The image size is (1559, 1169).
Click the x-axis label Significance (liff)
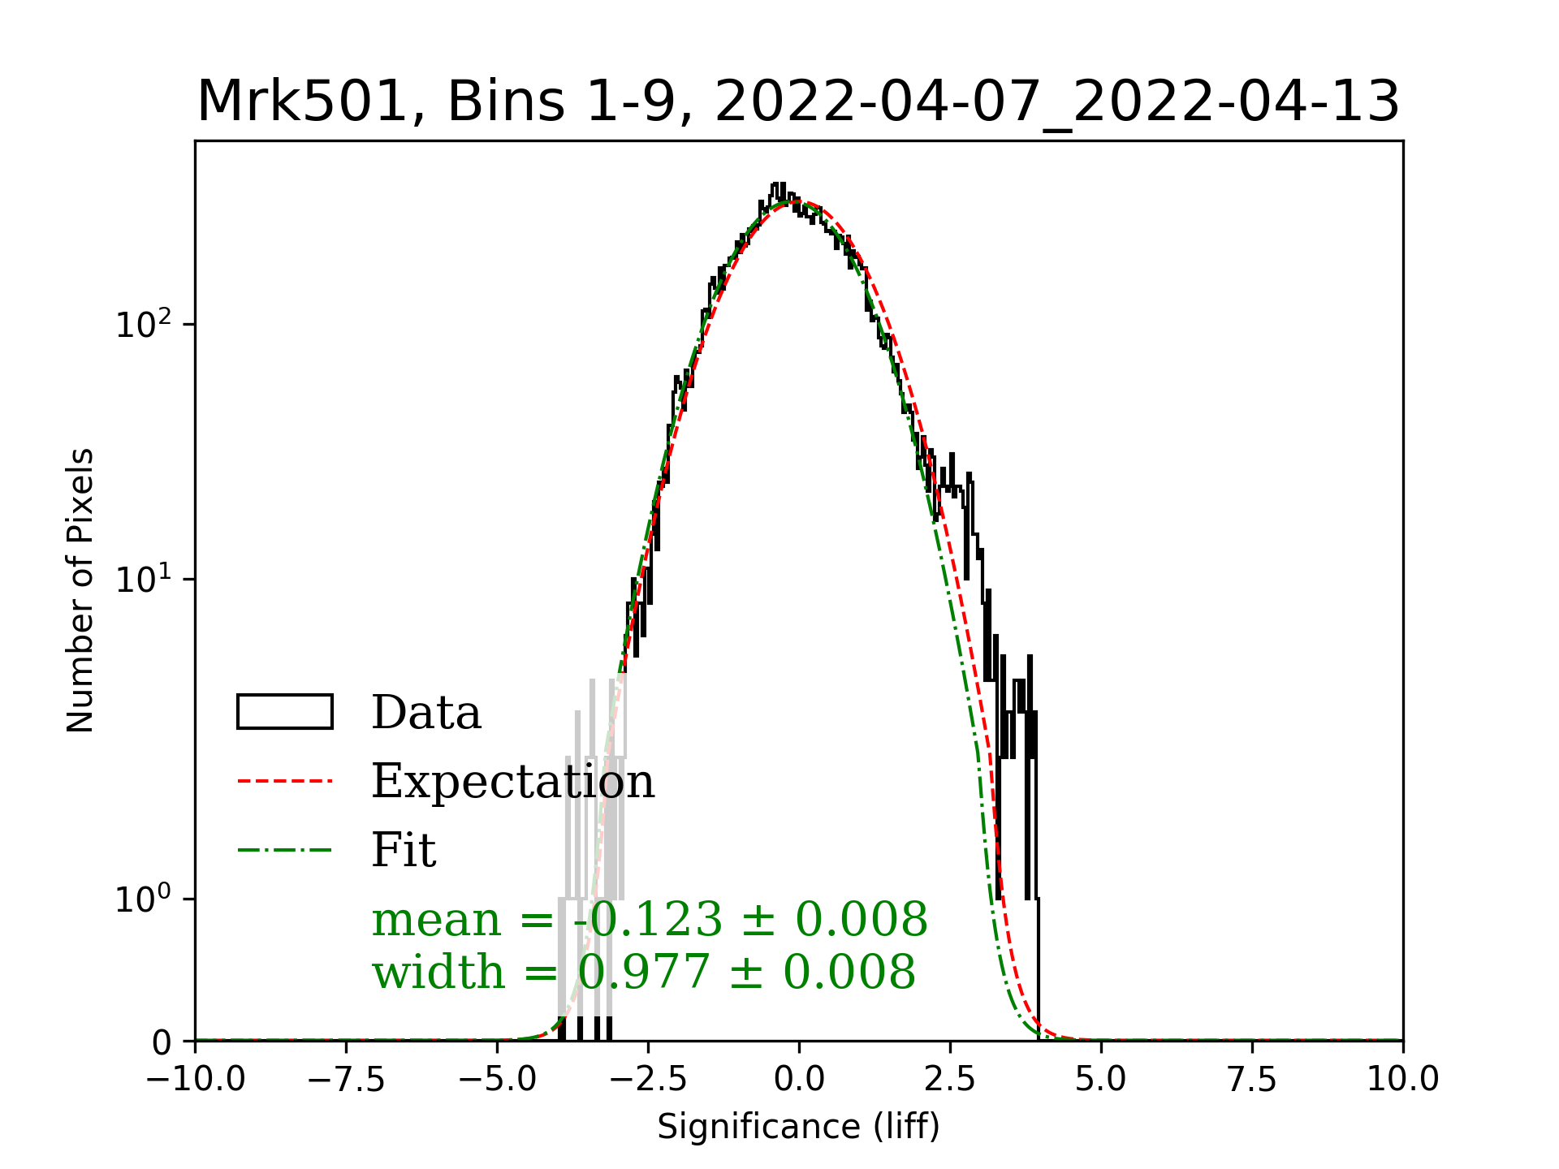798,1127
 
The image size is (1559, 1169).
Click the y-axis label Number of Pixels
80,590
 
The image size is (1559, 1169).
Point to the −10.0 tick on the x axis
196,1079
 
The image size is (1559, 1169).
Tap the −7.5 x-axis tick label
347,1079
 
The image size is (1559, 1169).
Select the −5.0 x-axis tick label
498,1079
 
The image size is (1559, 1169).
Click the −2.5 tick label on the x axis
649,1079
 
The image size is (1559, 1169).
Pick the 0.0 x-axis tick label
799,1079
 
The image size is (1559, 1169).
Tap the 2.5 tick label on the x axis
950,1079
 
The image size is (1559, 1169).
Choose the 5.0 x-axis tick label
1101,1079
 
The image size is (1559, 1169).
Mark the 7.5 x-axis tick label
1252,1079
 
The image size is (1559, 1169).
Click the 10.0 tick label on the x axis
1402,1079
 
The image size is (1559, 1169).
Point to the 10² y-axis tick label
145,324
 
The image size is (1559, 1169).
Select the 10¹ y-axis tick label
145,579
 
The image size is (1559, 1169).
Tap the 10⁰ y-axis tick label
145,899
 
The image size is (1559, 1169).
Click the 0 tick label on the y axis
162,1042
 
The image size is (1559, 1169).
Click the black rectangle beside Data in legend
285,712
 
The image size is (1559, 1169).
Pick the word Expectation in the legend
512,781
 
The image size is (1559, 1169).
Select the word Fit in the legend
404,850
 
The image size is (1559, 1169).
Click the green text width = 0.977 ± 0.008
643,972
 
